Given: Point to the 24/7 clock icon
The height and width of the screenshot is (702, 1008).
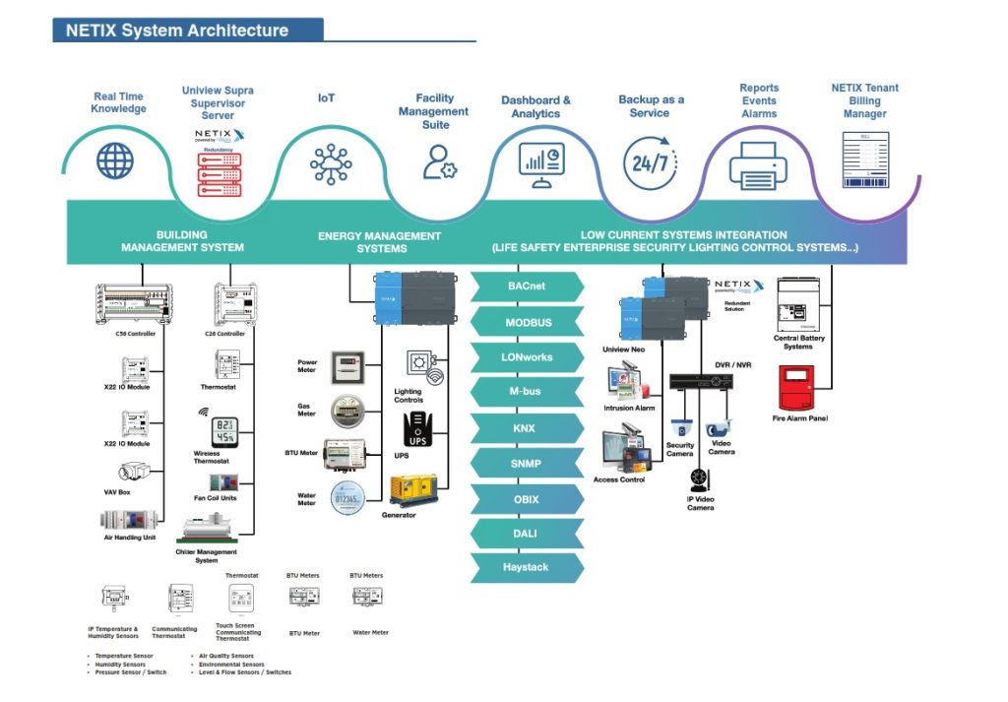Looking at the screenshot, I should coord(650,162).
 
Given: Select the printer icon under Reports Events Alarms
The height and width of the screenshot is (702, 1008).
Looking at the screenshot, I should coord(758,165).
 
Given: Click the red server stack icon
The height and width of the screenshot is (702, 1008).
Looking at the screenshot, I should coord(220,173).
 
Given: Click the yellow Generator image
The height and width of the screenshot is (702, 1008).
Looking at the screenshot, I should coord(413,489).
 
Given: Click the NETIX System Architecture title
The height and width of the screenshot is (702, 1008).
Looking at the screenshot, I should coord(177,31).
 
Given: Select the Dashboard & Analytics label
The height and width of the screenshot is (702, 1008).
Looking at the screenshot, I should coord(535,106).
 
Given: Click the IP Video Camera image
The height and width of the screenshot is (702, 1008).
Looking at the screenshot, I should coord(700,479).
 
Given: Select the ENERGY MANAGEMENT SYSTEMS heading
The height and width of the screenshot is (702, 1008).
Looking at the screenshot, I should coord(379,242).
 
